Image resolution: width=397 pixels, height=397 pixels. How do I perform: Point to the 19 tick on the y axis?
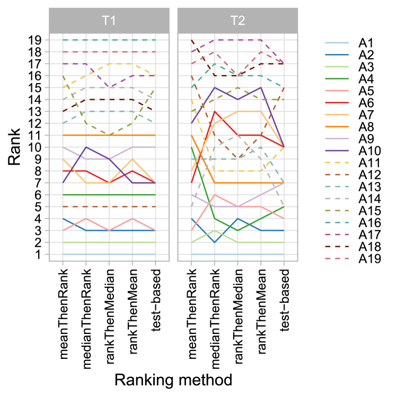(38, 40)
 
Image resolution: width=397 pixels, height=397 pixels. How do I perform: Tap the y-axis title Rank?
(16, 147)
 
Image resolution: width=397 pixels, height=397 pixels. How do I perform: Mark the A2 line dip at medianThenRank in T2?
(214, 242)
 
